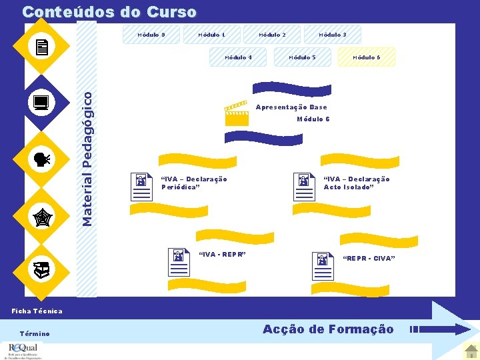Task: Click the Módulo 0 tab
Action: pyautogui.click(x=151, y=35)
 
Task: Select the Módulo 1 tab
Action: pyautogui.click(x=211, y=35)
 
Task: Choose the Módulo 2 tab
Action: pyautogui.click(x=272, y=35)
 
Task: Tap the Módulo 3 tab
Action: pyautogui.click(x=332, y=35)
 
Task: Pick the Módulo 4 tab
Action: pyautogui.click(x=238, y=57)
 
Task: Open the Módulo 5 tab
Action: pyautogui.click(x=301, y=57)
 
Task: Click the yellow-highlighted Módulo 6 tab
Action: pyautogui.click(x=367, y=57)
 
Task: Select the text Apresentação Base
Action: pyautogui.click(x=291, y=107)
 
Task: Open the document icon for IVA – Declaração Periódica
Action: pyautogui.click(x=141, y=187)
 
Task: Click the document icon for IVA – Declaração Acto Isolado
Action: pyautogui.click(x=304, y=187)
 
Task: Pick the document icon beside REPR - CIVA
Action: pyautogui.click(x=323, y=266)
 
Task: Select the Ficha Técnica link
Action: pyautogui.click(x=37, y=311)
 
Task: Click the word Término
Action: pyautogui.click(x=35, y=333)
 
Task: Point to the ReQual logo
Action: pyautogui.click(x=23, y=351)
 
